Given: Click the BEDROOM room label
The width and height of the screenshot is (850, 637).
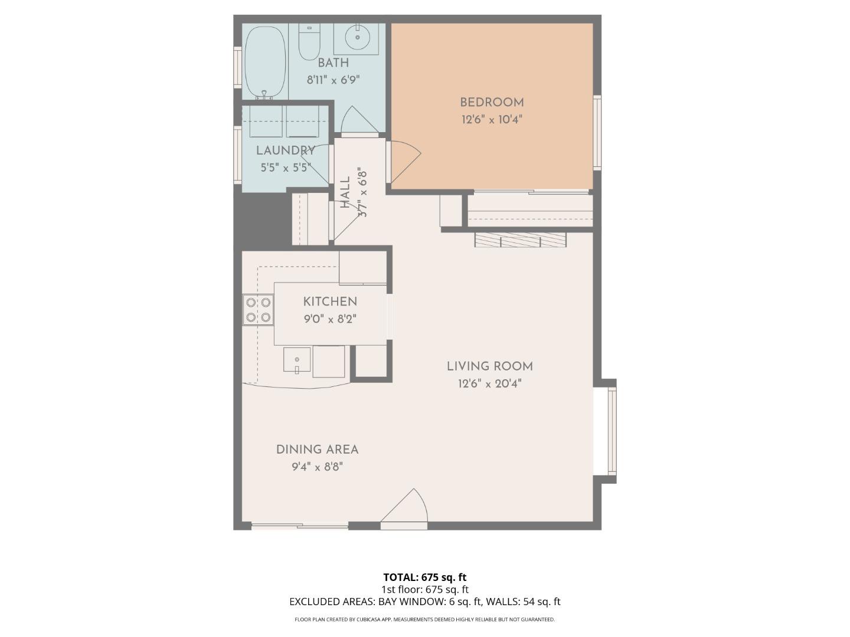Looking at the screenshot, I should pyautogui.click(x=492, y=103).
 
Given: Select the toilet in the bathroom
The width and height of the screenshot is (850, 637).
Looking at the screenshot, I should pyautogui.click(x=309, y=42).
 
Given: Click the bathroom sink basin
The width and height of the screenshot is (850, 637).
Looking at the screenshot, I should pyautogui.click(x=357, y=38).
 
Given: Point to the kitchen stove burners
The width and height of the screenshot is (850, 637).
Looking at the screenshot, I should pyautogui.click(x=258, y=310).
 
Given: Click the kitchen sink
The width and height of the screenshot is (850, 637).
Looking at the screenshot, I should pyautogui.click(x=297, y=360).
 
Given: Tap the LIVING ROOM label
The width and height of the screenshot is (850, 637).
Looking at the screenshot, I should pyautogui.click(x=489, y=366).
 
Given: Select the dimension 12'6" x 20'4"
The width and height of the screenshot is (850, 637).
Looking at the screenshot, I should pyautogui.click(x=489, y=384).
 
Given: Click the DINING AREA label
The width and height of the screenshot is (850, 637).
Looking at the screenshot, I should pyautogui.click(x=317, y=449).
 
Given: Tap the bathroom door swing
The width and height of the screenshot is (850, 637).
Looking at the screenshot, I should pyautogui.click(x=358, y=121).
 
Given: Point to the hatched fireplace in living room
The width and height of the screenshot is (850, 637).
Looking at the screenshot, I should pyautogui.click(x=520, y=239).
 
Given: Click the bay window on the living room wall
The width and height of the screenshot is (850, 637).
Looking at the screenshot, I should pyautogui.click(x=612, y=431).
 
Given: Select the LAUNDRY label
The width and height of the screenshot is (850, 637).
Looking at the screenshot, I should pyautogui.click(x=285, y=150).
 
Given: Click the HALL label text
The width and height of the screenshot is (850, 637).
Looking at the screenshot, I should pyautogui.click(x=345, y=192).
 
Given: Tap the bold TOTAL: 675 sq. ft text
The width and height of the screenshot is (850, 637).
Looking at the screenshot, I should pyautogui.click(x=424, y=577).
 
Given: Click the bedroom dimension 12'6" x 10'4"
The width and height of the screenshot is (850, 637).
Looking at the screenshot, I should pyautogui.click(x=492, y=120).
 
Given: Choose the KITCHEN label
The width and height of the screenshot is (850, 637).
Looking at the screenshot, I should pyautogui.click(x=330, y=301).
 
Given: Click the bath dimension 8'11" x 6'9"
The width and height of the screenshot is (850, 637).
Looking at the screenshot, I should pyautogui.click(x=333, y=80).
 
